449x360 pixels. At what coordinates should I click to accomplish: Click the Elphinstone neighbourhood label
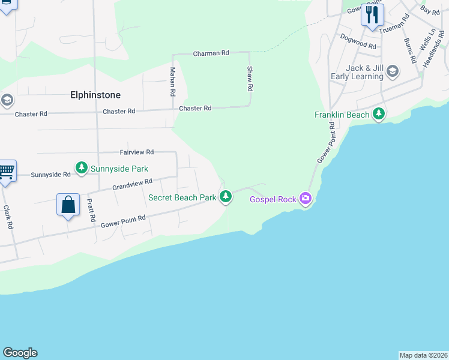95,95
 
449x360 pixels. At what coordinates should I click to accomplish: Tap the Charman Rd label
211,53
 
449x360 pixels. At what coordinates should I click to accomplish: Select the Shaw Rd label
250,79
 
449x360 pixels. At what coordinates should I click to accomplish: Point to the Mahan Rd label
172,82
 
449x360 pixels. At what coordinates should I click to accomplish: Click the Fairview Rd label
137,152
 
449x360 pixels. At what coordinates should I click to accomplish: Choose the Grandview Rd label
132,184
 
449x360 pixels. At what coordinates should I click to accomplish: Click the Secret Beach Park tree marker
226,196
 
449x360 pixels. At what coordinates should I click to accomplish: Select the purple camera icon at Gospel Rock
306,198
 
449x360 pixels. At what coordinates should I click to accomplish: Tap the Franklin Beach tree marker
379,113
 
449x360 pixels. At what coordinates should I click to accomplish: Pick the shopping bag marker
68,205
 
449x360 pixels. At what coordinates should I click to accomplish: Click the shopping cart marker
6,172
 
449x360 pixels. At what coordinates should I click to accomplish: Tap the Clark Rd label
8,217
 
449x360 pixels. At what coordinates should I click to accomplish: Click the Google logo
20,353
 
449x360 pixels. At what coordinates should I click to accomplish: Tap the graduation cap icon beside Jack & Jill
393,72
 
